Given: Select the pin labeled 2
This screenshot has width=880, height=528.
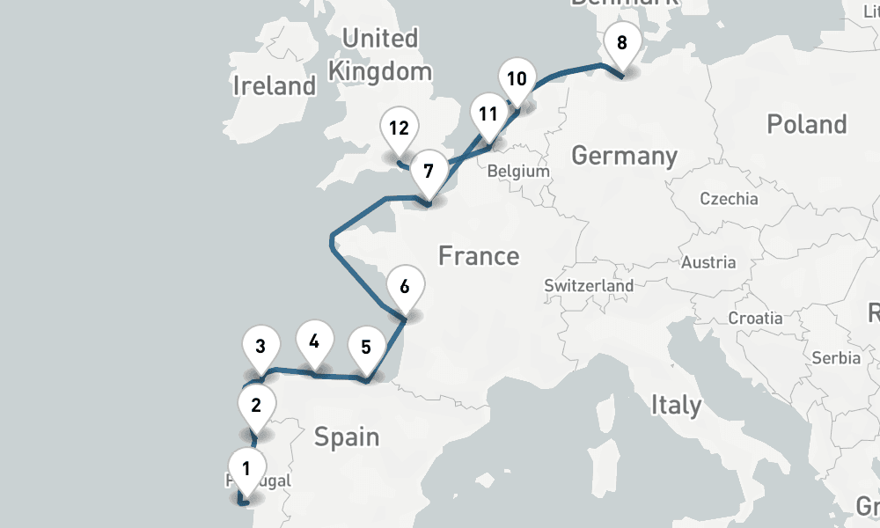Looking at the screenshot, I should click(256, 406).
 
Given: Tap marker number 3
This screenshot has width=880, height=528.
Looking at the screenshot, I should click(260, 346).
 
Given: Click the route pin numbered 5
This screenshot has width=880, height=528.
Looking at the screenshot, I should click(366, 347).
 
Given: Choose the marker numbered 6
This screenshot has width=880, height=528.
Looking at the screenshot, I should click(405, 287).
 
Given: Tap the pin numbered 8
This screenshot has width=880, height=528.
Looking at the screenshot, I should click(622, 42).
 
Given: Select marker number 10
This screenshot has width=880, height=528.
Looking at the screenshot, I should click(517, 79).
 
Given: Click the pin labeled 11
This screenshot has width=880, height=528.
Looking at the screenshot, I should click(488, 114).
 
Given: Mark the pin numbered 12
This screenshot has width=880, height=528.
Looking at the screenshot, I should click(399, 128).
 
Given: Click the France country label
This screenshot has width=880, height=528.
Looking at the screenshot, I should click(479, 256).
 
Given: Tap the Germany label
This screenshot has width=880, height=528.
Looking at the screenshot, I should click(624, 156).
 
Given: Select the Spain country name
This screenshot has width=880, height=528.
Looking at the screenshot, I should click(347, 436).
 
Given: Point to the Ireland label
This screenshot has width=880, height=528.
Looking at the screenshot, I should click(274, 85).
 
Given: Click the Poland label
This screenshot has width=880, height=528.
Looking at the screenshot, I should click(806, 124).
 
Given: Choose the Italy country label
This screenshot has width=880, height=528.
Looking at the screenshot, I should click(676, 405).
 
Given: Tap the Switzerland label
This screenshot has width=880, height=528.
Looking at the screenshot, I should click(589, 286).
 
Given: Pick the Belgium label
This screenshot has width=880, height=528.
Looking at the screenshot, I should click(517, 172).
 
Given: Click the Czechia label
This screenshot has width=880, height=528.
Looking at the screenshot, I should click(729, 198).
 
